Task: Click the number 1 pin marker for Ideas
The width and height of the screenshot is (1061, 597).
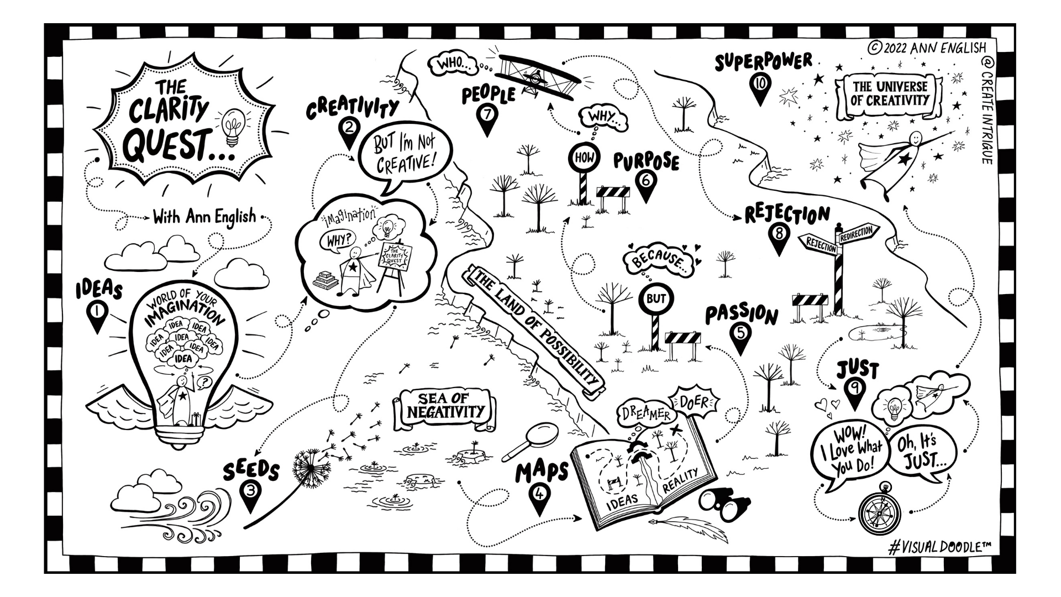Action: click(97, 313)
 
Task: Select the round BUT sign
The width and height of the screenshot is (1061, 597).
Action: click(655, 299)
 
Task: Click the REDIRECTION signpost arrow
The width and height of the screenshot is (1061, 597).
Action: click(856, 232)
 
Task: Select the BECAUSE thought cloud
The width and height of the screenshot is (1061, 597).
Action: click(658, 260)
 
